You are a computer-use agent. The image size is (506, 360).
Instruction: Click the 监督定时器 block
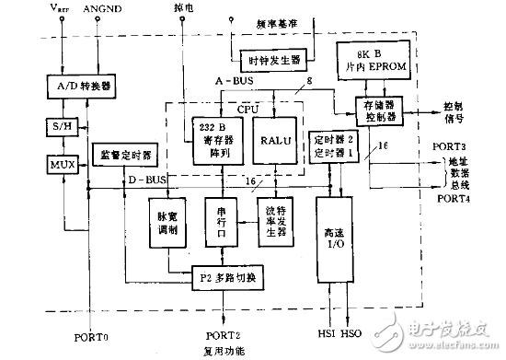[123, 149]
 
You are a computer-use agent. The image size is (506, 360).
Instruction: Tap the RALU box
[277, 143]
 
